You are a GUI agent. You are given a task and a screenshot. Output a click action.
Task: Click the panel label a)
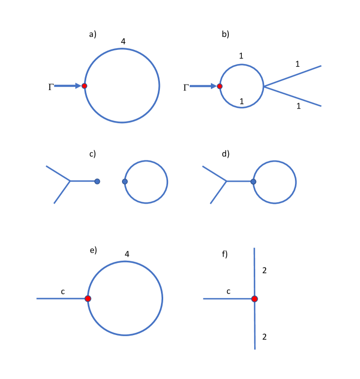93,34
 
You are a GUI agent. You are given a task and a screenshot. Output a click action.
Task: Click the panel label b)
226,34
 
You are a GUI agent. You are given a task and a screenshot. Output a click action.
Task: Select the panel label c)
92,153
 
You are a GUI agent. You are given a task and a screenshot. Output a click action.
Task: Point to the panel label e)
93,250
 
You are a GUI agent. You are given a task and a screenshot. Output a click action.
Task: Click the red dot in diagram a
85,86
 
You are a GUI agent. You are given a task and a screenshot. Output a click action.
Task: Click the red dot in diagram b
220,86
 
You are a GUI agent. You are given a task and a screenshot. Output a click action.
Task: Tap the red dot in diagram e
88,299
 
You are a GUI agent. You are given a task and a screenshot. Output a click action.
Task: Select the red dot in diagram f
254,299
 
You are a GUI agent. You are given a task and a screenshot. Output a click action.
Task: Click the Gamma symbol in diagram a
51,86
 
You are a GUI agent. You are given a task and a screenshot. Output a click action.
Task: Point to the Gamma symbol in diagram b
186,86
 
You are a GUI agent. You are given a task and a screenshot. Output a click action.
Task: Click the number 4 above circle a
124,40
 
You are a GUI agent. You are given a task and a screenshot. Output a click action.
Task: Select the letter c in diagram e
63,292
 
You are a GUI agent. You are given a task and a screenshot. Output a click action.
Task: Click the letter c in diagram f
228,292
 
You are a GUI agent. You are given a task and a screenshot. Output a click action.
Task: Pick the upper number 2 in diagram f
264,269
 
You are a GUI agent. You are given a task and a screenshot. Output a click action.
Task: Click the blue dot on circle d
253,181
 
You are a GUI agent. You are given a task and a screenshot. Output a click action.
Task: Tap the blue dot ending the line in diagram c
97,181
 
